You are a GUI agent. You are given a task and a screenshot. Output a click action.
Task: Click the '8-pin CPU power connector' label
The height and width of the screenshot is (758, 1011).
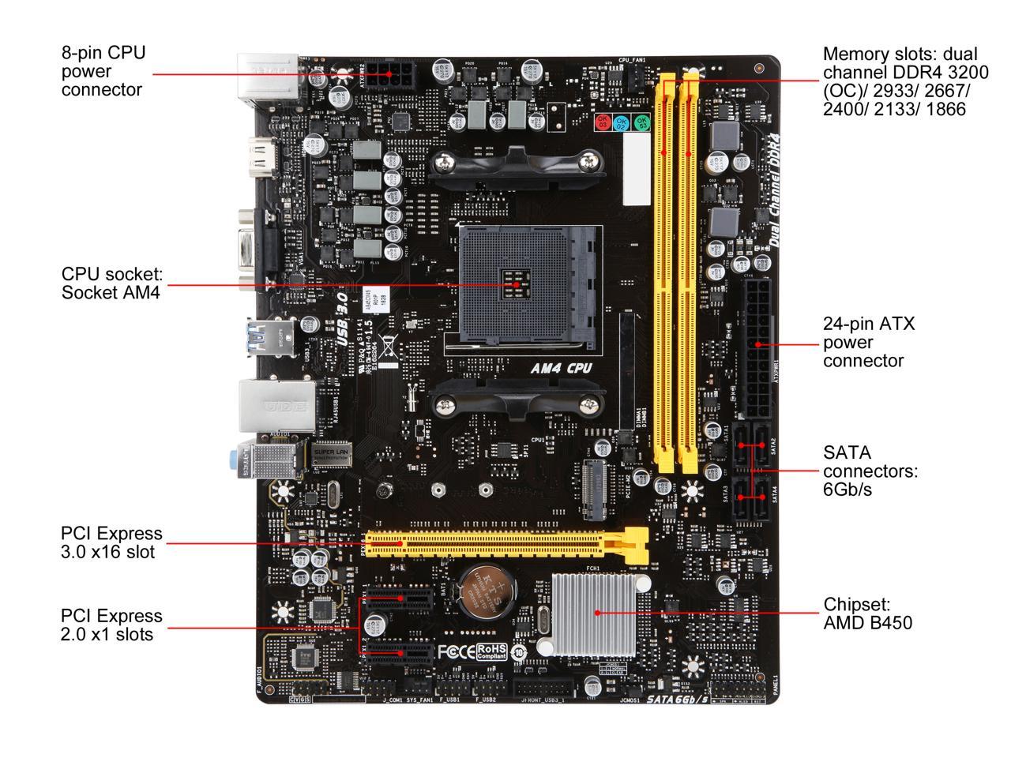(x=103, y=71)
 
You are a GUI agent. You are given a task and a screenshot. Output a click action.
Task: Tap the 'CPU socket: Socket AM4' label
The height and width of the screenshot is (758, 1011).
(x=111, y=283)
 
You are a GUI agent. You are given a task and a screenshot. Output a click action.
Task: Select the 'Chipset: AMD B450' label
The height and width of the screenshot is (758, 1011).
(x=867, y=614)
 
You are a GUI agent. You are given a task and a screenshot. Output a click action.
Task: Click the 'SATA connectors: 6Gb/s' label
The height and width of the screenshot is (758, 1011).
(x=870, y=471)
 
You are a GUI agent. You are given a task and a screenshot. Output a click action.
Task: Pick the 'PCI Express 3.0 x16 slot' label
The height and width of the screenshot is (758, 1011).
(x=111, y=542)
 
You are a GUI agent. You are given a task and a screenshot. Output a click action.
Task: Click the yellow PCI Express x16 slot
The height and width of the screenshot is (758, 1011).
(x=505, y=543)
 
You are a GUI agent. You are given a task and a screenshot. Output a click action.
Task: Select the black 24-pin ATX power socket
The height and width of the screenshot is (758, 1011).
(x=759, y=346)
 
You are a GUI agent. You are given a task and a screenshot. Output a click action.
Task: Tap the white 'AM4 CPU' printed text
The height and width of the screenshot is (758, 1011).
(x=561, y=368)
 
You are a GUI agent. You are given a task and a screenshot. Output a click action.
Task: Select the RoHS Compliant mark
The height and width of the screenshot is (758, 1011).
(x=491, y=651)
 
